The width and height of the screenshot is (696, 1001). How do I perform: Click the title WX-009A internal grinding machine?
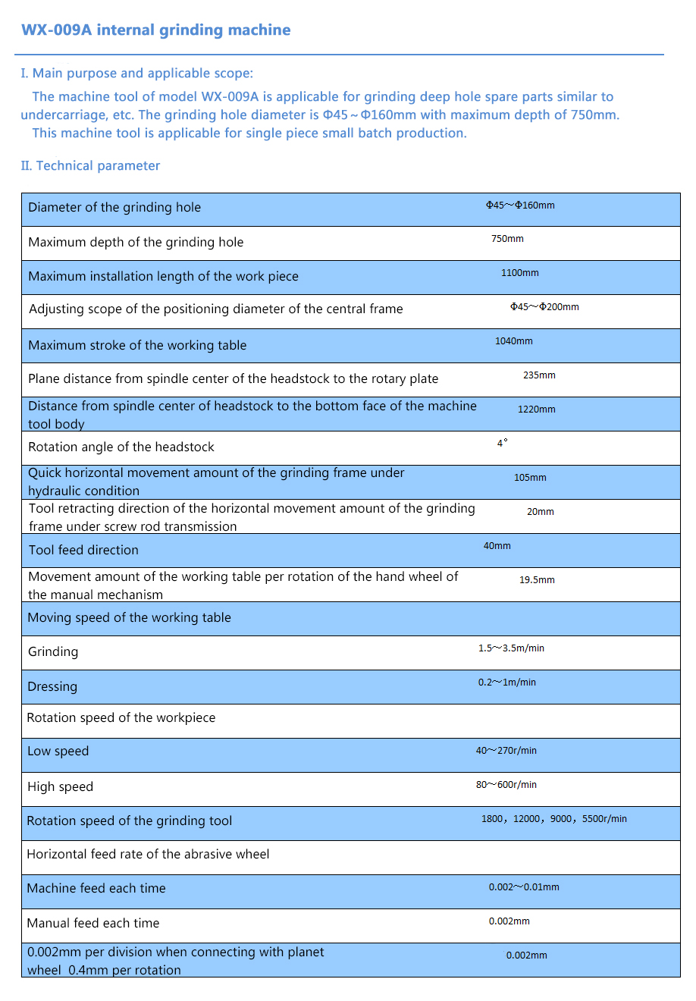pos(155,30)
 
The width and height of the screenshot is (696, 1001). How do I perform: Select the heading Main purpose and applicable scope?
pos(137,74)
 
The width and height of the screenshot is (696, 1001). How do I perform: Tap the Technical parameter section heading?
pos(91,166)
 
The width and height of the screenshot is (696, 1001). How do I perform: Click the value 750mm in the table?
pos(507,239)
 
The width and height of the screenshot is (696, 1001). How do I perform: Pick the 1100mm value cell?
pos(520,273)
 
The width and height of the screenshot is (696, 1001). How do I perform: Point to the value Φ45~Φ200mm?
pos(544,307)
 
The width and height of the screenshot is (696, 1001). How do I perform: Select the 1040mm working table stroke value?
pos(514,341)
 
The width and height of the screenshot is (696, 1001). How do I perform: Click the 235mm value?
pos(539,375)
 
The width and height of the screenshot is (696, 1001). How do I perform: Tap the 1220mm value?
pos(537,409)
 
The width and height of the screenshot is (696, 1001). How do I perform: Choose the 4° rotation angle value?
pos(503,444)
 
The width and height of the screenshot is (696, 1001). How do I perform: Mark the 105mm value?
pos(530,478)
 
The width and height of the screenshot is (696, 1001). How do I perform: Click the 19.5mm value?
pos(537,580)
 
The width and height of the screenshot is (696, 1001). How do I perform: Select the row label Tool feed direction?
pos(83,551)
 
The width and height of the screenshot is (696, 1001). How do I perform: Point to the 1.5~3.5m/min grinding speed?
pos(511,648)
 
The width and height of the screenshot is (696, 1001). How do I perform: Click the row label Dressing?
pos(52,687)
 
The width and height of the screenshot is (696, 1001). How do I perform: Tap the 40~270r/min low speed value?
pos(506,751)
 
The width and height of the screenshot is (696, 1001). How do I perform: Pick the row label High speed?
pos(60,787)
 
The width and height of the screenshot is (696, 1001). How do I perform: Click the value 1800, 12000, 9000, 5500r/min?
pos(554,819)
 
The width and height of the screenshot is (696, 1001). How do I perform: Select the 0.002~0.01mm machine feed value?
pos(524,887)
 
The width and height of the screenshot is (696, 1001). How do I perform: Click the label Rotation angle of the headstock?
pos(121,447)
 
